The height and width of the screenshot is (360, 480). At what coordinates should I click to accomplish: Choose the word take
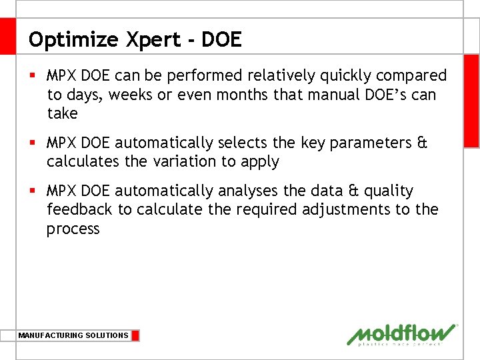[x=62, y=113]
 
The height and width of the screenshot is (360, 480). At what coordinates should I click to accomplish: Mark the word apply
[x=261, y=162]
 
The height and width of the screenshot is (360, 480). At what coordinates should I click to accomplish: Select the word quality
[x=389, y=191]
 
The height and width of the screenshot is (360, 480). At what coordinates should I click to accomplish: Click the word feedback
[x=79, y=209]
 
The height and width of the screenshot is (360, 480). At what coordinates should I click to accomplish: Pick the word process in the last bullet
[x=73, y=229]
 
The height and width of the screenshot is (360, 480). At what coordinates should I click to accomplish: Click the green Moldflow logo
[x=402, y=335]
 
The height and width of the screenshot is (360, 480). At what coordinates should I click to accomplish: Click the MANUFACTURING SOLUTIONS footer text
[x=73, y=335]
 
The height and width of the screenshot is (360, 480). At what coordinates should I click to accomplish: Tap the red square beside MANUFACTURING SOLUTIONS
[x=135, y=335]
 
